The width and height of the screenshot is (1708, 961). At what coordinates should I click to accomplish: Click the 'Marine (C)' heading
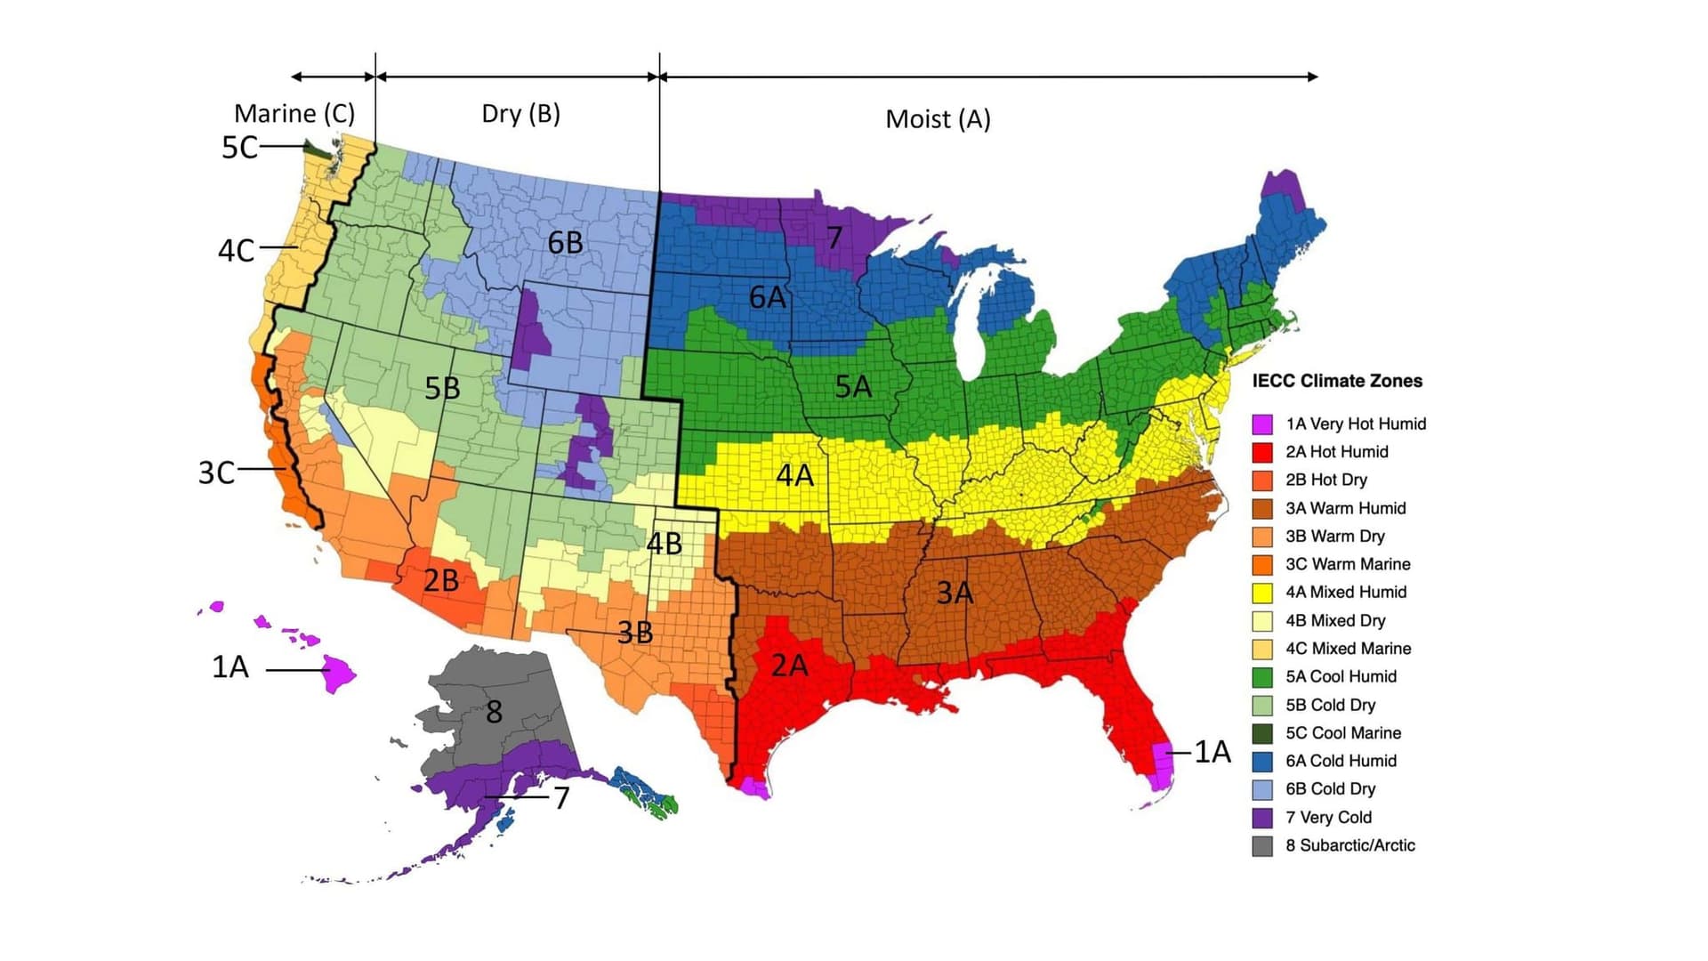click(294, 114)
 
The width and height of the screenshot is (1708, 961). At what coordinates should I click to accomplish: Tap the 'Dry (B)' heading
click(520, 114)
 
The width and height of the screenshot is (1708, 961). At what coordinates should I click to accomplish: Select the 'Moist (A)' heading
click(938, 119)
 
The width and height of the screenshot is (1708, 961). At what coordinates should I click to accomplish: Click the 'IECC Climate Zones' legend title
click(1337, 381)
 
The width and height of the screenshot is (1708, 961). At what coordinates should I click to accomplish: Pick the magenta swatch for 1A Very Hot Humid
click(1262, 424)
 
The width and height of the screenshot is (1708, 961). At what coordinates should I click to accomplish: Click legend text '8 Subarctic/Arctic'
click(1349, 845)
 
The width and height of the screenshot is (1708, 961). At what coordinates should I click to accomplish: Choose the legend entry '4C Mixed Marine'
click(1348, 649)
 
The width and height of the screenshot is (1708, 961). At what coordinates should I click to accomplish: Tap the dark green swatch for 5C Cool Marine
click(1262, 733)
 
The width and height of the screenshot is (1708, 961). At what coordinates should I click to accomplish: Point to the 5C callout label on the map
click(239, 148)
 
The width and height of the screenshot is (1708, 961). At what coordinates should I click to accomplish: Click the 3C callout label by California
click(216, 472)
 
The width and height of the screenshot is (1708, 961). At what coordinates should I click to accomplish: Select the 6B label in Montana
click(565, 242)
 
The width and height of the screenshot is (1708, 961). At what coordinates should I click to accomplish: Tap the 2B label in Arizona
click(440, 581)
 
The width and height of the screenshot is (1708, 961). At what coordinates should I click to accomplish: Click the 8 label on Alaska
click(494, 712)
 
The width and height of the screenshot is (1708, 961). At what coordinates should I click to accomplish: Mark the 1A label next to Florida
click(1212, 752)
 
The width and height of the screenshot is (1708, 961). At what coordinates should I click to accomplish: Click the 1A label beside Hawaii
click(230, 666)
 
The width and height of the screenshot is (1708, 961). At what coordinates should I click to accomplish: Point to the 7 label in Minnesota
click(834, 238)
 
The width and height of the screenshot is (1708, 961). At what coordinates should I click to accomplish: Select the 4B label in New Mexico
click(664, 543)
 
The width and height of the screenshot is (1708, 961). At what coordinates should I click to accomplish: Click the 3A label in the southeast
click(955, 592)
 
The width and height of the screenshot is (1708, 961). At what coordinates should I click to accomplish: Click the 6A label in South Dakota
click(767, 297)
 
